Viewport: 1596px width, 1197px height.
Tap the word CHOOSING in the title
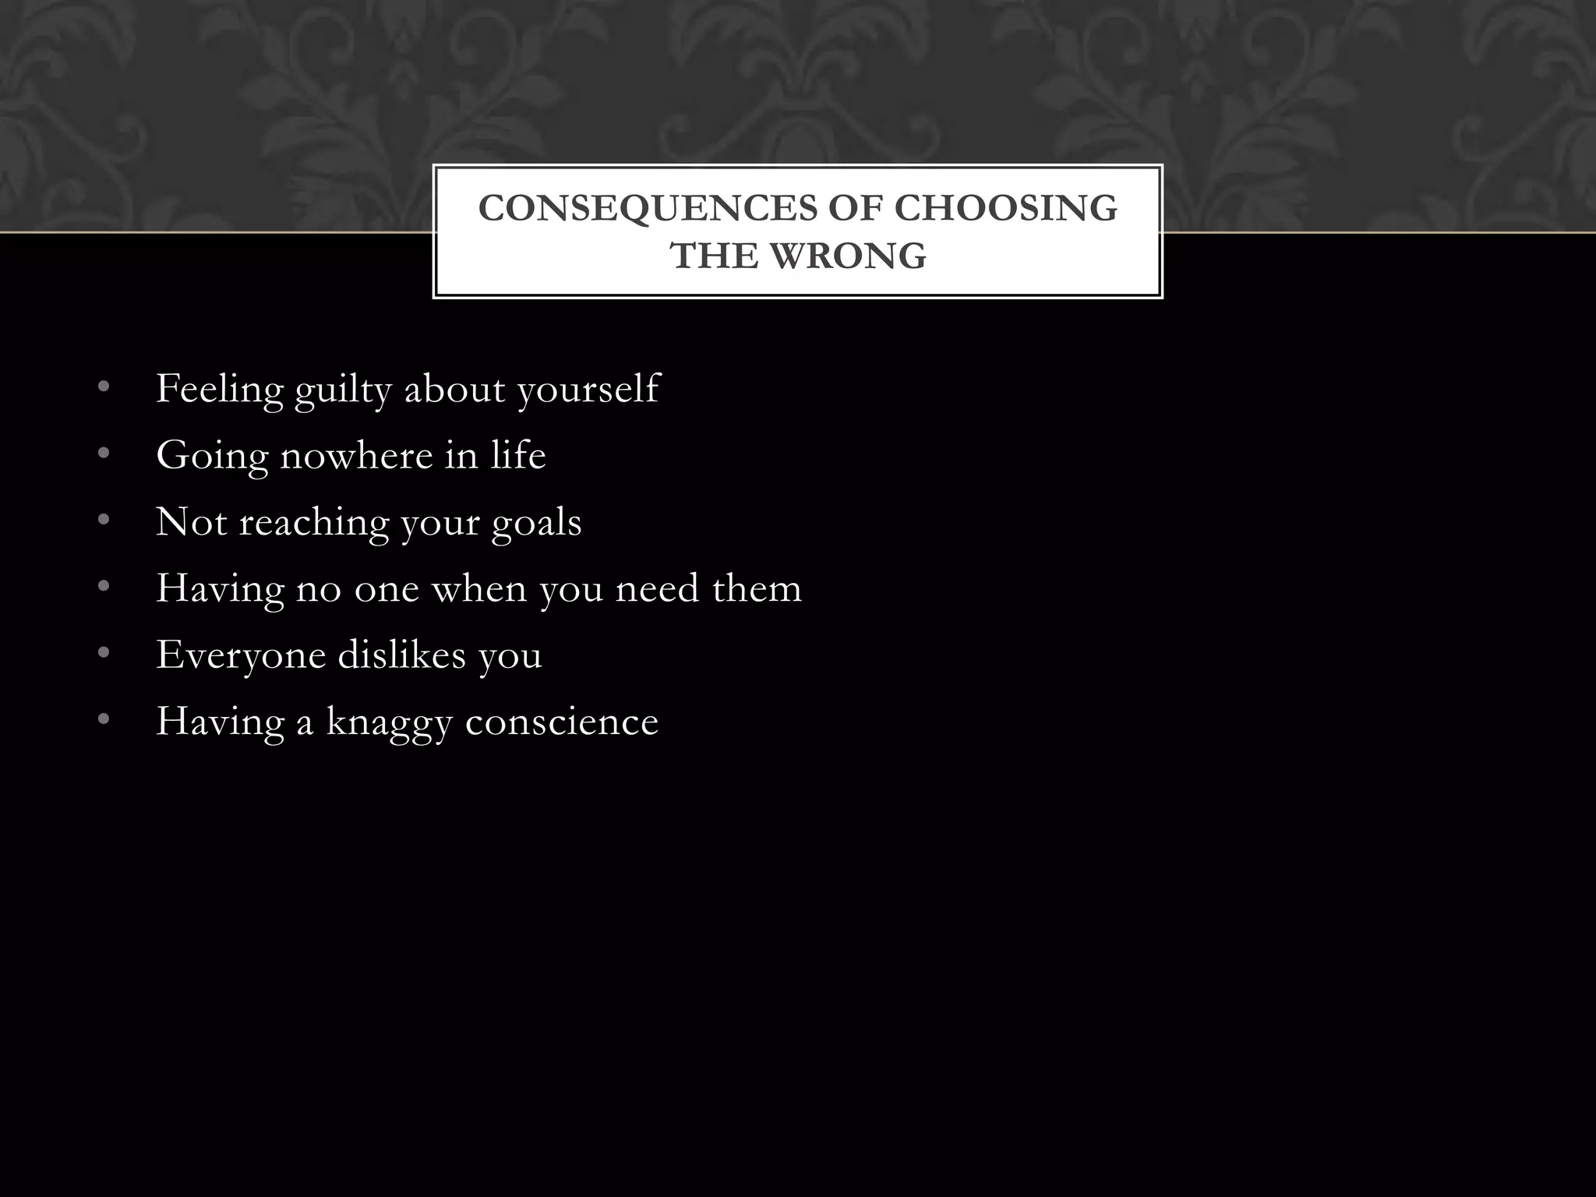pyautogui.click(x=1005, y=209)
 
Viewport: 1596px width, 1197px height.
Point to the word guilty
pyautogui.click(x=343, y=390)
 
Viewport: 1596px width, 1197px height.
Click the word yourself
pyautogui.click(x=588, y=390)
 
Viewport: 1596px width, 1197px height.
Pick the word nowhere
pyautogui.click(x=356, y=455)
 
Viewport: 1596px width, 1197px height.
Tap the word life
pyautogui.click(x=518, y=455)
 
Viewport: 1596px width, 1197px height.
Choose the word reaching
pyautogui.click(x=313, y=523)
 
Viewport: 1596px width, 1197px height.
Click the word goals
pyautogui.click(x=536, y=523)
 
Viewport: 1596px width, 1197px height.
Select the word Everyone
pyautogui.click(x=241, y=655)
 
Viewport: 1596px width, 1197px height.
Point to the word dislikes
pyautogui.click(x=401, y=654)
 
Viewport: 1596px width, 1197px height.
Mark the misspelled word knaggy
pyautogui.click(x=389, y=722)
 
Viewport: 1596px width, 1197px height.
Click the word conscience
pyautogui.click(x=562, y=722)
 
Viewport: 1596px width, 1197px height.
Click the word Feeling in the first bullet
pyautogui.click(x=220, y=390)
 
